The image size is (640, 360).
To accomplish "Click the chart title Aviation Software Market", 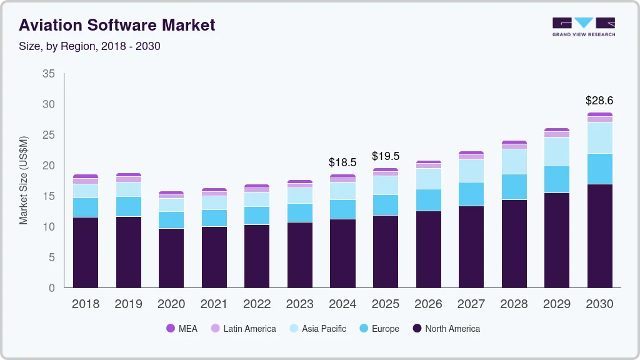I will coord(117,25).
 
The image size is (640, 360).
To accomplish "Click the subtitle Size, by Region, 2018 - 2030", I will coord(89,46).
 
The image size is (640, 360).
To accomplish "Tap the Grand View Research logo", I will coord(583,26).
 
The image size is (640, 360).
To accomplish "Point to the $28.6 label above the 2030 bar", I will coord(599,100).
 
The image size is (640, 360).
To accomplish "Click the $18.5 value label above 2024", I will coord(342,162).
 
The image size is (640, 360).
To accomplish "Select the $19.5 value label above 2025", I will coord(386,156).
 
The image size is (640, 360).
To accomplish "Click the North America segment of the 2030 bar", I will coord(599,236).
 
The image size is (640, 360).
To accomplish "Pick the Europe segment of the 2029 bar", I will coord(557,179).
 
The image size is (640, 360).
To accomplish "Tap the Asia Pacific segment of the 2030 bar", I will coord(599,137).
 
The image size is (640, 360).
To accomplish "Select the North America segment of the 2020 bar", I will coord(171,257).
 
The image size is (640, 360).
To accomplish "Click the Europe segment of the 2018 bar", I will coord(86,207).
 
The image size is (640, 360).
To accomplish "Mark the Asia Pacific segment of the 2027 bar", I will coord(471,171).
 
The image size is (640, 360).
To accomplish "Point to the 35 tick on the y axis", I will coord(49,74).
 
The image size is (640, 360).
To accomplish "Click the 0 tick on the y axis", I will coord(52,288).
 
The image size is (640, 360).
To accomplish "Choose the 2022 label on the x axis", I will coord(257,304).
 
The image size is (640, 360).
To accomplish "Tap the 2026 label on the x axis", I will coord(428,304).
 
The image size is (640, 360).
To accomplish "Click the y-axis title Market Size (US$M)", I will coord(23,180).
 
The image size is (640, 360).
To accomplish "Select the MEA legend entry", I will coord(182,328).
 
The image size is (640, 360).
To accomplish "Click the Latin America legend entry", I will coord(243,328).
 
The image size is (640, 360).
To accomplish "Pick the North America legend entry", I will coord(446,328).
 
